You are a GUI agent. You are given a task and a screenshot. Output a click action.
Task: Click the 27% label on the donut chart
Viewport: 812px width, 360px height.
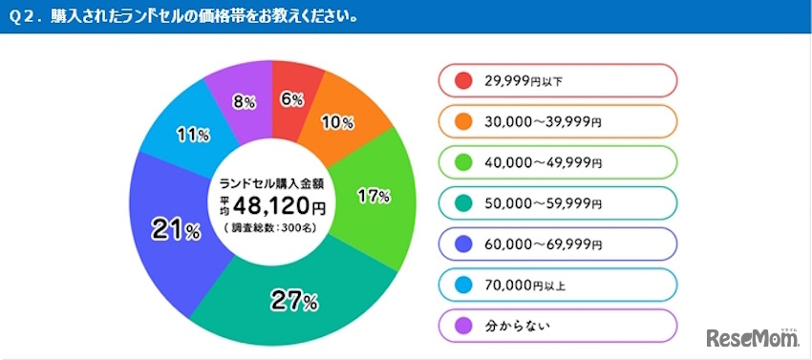pos(294,302)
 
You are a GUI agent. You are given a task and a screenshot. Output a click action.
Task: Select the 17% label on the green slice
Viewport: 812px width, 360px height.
pos(374,197)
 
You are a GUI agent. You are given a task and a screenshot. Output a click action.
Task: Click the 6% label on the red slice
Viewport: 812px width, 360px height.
pos(291,99)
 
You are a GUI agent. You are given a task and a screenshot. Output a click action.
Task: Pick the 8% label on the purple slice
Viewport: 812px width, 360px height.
pos(243,98)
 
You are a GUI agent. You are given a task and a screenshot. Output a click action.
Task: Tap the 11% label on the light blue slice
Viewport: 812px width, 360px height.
pos(193,135)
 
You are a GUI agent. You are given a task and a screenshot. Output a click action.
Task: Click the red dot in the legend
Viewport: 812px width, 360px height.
pos(463,80)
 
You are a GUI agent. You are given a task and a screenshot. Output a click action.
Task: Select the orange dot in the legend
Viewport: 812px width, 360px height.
pos(463,121)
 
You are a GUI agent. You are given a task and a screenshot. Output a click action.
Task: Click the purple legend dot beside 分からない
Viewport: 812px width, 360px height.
pos(463,326)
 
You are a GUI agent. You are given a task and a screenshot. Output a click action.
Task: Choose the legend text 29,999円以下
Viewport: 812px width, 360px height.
pos(524,81)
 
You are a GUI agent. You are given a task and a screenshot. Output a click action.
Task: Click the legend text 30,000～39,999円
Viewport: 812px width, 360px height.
pos(542,121)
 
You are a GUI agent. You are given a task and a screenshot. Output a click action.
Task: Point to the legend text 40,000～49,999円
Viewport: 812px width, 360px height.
pos(542,162)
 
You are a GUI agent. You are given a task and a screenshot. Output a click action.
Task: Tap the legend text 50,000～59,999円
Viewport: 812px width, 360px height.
pos(542,203)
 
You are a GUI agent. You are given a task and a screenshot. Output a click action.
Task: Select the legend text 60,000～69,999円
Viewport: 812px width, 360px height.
pos(542,244)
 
